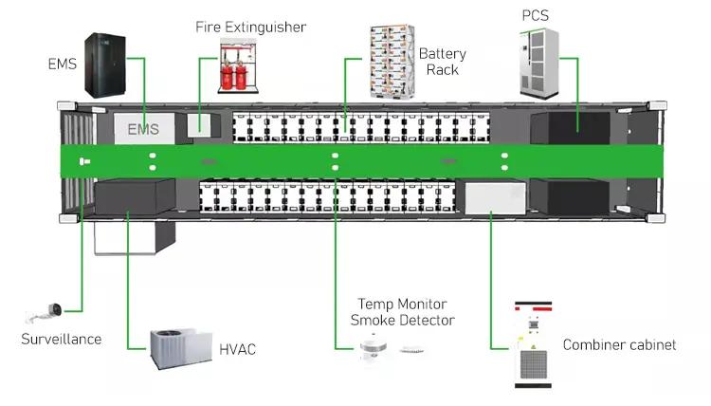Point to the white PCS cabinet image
[x=540, y=59]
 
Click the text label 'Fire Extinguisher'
[x=250, y=27]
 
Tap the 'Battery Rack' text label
[x=442, y=62]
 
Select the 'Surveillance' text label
[x=61, y=339]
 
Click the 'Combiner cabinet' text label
[x=619, y=344]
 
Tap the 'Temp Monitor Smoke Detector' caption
[x=403, y=312]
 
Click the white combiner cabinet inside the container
[x=489, y=197]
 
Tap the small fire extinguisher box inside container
[x=201, y=124]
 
